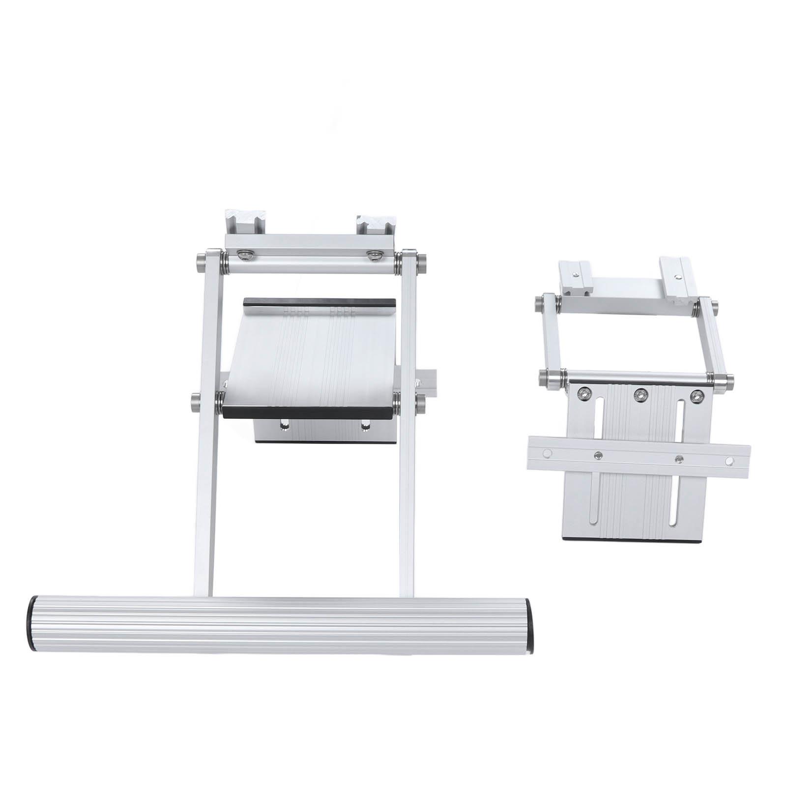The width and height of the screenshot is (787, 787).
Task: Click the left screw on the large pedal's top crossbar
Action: tap(244, 253)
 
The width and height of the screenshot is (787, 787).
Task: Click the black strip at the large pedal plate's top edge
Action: tap(320, 301)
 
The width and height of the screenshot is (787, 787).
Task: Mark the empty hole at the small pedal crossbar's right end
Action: tap(729, 460)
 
